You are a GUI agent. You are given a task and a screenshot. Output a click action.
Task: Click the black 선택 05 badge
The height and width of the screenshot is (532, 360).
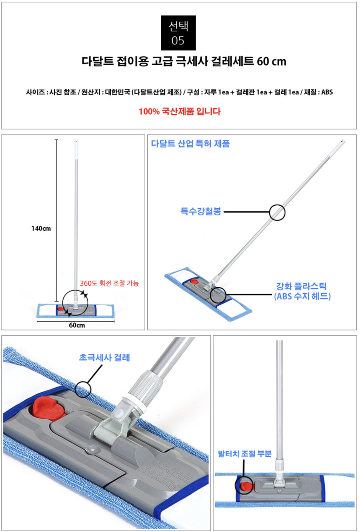pyautogui.click(x=178, y=33)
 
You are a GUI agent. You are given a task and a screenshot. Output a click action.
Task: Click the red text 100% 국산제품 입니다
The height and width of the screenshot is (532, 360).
pyautogui.click(x=180, y=111)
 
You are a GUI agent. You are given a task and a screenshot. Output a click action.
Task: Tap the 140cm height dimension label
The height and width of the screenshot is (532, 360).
pyautogui.click(x=41, y=228)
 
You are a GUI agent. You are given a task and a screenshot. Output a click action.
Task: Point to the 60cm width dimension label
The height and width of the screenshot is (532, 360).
pyautogui.click(x=77, y=325)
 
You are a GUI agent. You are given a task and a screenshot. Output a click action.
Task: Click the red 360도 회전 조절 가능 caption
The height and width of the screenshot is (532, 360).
pyautogui.click(x=109, y=283)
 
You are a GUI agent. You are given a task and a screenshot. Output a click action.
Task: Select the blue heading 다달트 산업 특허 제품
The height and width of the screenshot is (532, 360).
pyautogui.click(x=190, y=144)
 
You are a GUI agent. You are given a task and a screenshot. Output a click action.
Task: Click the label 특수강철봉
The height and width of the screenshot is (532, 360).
pyautogui.click(x=201, y=211)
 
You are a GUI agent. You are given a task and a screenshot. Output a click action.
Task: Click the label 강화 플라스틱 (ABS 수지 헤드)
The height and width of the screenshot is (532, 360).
pyautogui.click(x=302, y=291)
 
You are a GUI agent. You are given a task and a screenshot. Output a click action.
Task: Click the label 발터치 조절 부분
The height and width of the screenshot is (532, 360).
pyautogui.click(x=245, y=454)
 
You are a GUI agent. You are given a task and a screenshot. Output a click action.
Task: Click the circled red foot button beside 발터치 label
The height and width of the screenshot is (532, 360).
pyautogui.click(x=245, y=486)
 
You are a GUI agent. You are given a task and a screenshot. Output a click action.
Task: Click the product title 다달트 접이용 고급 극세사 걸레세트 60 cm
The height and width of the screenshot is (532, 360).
pyautogui.click(x=184, y=61)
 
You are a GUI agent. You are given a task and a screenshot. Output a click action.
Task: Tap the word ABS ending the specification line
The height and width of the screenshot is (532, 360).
pyautogui.click(x=327, y=92)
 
